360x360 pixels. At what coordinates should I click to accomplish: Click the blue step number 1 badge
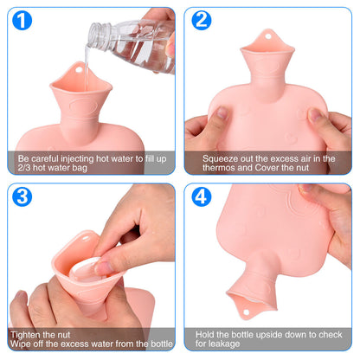(x=22, y=20)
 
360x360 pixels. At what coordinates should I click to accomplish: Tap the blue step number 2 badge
(x=202, y=20)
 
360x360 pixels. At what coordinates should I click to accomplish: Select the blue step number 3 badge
(x=22, y=196)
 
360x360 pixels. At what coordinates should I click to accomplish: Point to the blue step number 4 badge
(x=202, y=196)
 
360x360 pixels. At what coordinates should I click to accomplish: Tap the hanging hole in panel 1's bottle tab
(x=79, y=70)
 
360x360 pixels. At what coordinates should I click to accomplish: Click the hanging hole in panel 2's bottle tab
(x=268, y=36)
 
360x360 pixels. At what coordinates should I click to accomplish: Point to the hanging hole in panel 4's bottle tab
(x=246, y=312)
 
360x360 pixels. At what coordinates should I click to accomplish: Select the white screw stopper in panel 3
(x=85, y=269)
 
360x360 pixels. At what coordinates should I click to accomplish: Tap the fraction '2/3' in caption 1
(x=24, y=168)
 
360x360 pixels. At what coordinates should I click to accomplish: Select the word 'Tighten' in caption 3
(x=24, y=335)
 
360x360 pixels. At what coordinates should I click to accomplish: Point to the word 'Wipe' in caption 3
(x=20, y=344)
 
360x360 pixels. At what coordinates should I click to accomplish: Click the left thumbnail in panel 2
(x=222, y=112)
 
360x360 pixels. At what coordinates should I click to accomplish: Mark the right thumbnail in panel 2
(x=315, y=114)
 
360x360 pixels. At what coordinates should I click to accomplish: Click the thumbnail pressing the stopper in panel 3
(x=102, y=267)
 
